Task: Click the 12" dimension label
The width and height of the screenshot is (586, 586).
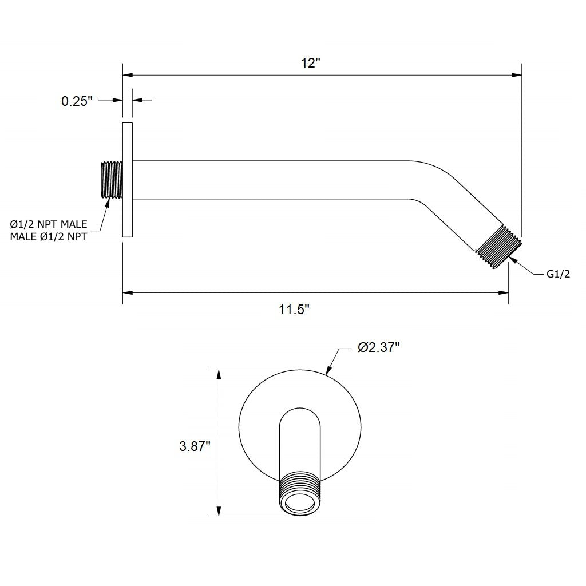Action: pyautogui.click(x=310, y=63)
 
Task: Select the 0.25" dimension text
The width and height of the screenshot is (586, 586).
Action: pyautogui.click(x=77, y=101)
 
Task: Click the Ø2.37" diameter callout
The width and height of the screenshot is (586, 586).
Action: pyautogui.click(x=378, y=347)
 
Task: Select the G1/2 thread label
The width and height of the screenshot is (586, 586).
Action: pyautogui.click(x=558, y=274)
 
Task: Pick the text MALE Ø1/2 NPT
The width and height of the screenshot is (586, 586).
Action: pyautogui.click(x=49, y=236)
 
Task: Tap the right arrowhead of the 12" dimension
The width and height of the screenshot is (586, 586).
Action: pyautogui.click(x=517, y=74)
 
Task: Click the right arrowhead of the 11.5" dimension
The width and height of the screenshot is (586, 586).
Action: pyautogui.click(x=504, y=293)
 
